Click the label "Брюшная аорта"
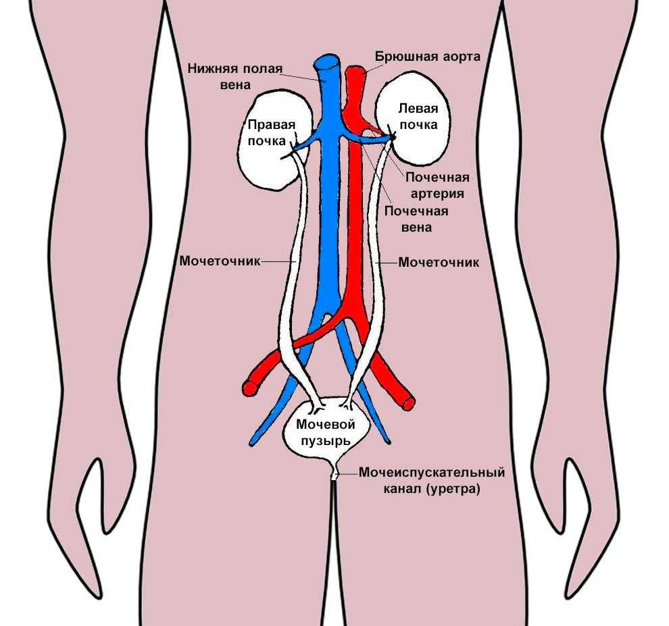point(428,57)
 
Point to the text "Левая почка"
point(418,116)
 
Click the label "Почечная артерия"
point(437,186)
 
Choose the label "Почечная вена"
point(416,219)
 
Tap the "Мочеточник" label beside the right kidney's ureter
point(220,261)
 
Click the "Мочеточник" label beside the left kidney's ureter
point(439,262)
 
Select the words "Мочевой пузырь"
point(326,432)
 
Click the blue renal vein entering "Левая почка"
point(368,137)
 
